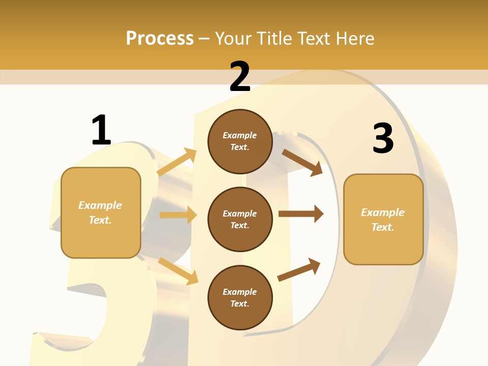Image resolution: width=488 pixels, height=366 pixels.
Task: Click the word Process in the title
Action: (159, 39)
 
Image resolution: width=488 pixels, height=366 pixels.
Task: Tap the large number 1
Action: (101, 131)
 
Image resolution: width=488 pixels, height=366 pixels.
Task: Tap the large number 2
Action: (240, 77)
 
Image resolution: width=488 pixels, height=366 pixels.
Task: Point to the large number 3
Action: (383, 139)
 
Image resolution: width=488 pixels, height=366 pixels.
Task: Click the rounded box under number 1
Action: (101, 212)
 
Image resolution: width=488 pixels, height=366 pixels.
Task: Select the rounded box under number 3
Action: (383, 219)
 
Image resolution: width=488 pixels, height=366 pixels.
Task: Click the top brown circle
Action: (240, 141)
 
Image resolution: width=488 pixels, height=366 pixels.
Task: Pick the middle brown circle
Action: (240, 219)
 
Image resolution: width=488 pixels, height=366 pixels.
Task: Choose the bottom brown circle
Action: (240, 297)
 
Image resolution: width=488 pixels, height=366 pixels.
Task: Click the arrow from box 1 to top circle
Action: (177, 162)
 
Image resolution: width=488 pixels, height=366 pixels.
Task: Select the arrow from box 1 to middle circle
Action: (178, 215)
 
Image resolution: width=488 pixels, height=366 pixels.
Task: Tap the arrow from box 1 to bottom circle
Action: (178, 271)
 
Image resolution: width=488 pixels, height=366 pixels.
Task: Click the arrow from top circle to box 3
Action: (302, 162)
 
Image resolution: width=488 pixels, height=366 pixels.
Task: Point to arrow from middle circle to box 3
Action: (301, 214)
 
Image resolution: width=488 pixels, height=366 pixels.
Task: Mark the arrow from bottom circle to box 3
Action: (299, 270)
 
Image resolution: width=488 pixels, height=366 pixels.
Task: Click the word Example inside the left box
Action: (100, 205)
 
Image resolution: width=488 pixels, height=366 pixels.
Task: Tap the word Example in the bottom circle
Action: (239, 292)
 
